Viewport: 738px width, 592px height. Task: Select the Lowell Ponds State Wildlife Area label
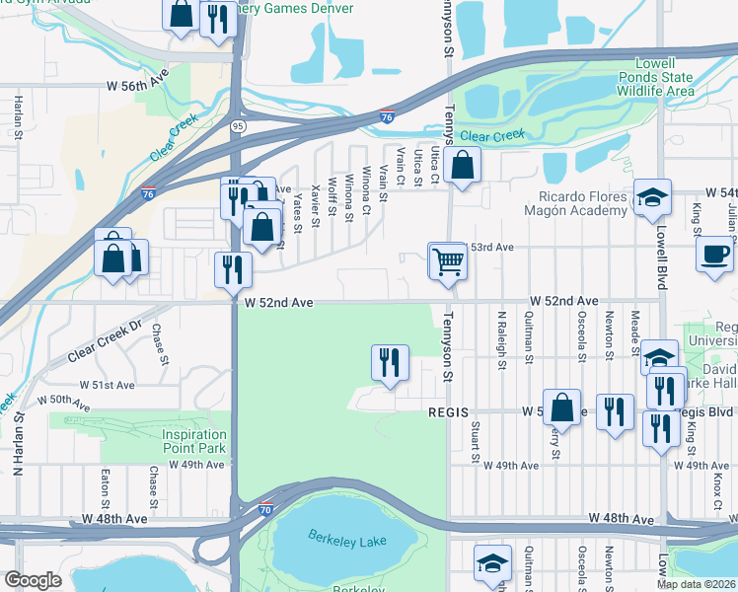[657, 77]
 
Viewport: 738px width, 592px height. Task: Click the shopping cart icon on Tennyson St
[448, 261]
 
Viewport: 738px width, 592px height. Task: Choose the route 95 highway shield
[238, 127]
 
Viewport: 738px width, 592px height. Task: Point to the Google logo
[33, 580]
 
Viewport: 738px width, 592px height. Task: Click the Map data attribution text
[697, 584]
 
